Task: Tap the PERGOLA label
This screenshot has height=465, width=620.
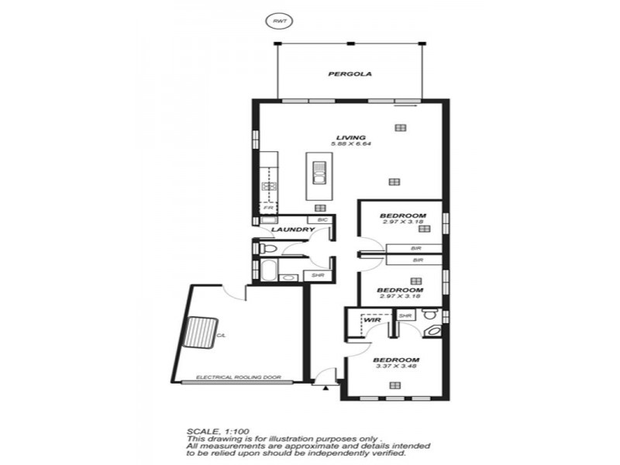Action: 350,75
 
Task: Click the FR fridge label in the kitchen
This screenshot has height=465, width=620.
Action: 268,208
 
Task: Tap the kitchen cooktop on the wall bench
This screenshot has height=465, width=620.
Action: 269,185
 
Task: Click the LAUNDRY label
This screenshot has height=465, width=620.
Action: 292,229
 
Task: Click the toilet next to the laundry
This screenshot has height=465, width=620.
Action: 268,248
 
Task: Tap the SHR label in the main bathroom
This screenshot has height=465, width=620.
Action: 318,276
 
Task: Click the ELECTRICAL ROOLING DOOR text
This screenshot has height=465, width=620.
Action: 239,379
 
